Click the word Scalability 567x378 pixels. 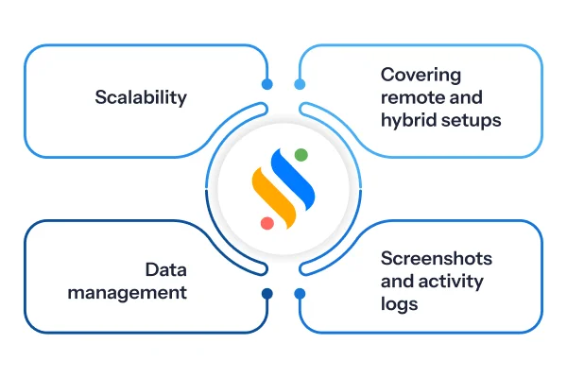pyautogui.click(x=141, y=97)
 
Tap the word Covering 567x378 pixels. pyautogui.click(x=421, y=76)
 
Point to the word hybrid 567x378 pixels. pyautogui.click(x=408, y=120)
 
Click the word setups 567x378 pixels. pyautogui.click(x=472, y=120)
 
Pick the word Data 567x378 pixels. pyautogui.click(x=166, y=270)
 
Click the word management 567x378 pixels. pyautogui.click(x=127, y=293)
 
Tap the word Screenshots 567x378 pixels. pyautogui.click(x=437, y=258)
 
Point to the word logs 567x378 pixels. pyautogui.click(x=399, y=303)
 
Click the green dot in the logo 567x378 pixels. pyautogui.click(x=301, y=155)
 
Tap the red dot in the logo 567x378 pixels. pyautogui.click(x=267, y=223)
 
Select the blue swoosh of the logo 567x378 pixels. pyautogui.click(x=293, y=179)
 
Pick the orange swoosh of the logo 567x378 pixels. pyautogui.click(x=274, y=198)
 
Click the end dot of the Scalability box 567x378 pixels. pyautogui.click(x=267, y=84)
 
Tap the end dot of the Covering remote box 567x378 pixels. pyautogui.click(x=300, y=84)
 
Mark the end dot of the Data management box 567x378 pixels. pyautogui.click(x=267, y=294)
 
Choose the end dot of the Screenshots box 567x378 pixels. pyautogui.click(x=300, y=294)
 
